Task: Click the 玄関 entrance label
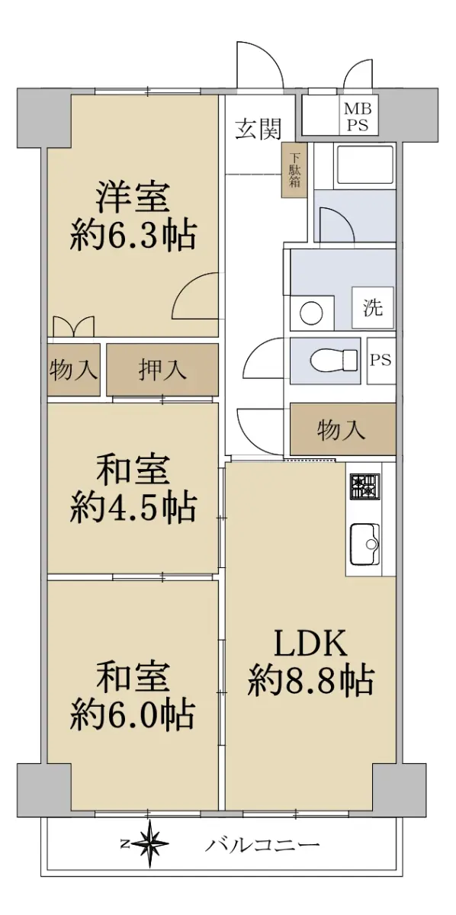(x=259, y=129)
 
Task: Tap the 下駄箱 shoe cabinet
(x=294, y=170)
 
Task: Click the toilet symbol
(x=333, y=361)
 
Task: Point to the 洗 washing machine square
(x=373, y=307)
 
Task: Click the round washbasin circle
(x=311, y=313)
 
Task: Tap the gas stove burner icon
(x=364, y=487)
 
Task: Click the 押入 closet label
(x=162, y=370)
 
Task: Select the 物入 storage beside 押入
(x=73, y=370)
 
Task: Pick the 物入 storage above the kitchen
(x=343, y=429)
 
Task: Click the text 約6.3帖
(x=133, y=236)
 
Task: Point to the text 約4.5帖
(x=133, y=508)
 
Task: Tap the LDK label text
(x=310, y=643)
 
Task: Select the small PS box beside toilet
(x=381, y=361)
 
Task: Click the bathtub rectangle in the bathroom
(x=364, y=165)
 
